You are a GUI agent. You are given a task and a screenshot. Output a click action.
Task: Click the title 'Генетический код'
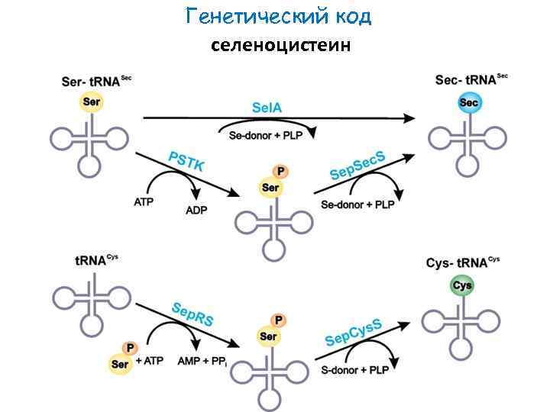(278, 16)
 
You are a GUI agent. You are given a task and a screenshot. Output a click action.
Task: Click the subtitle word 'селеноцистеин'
(280, 45)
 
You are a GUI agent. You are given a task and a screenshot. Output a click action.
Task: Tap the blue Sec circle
(468, 103)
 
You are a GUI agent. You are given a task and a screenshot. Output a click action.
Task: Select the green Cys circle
(462, 286)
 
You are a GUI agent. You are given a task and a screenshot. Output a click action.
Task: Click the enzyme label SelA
(267, 108)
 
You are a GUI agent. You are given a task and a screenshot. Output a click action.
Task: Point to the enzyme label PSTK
(186, 163)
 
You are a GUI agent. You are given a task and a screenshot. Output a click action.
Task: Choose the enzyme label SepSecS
(357, 166)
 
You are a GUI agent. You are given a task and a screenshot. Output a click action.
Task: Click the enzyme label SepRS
(192, 314)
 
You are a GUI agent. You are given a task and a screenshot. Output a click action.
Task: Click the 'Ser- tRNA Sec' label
(95, 81)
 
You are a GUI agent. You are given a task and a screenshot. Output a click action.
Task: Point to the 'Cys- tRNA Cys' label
(462, 263)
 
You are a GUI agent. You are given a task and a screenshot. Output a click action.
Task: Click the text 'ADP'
(197, 210)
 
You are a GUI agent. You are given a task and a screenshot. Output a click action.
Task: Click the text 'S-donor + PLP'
(354, 370)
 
